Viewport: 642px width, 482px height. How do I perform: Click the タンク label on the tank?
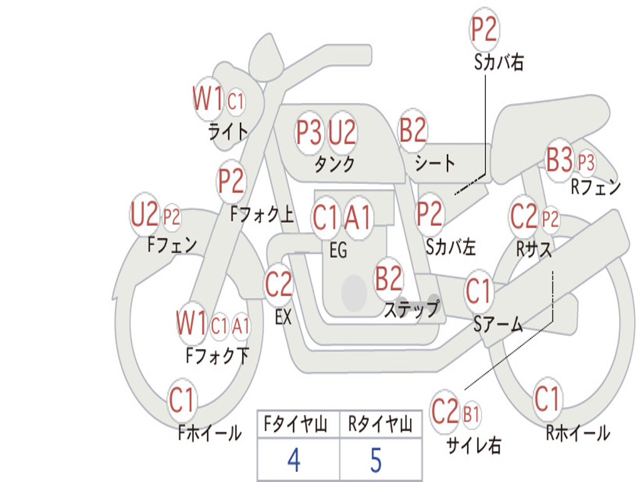[x=335, y=164]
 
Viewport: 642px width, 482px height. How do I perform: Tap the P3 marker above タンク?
[x=309, y=132]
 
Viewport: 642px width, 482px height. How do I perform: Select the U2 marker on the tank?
[x=342, y=132]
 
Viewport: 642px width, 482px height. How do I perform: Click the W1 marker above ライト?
[x=208, y=99]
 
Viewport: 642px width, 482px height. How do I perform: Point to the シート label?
[x=434, y=163]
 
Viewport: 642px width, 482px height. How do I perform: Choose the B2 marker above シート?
[x=413, y=129]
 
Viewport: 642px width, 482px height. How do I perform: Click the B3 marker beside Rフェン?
[x=559, y=159]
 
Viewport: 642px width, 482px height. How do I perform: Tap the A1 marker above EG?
[x=358, y=217]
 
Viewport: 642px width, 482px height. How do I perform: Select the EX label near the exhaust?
[x=283, y=317]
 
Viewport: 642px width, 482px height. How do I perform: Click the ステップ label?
[x=411, y=309]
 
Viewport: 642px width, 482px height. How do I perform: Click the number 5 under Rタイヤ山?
[x=376, y=460]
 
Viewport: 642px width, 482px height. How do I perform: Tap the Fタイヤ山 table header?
[x=296, y=424]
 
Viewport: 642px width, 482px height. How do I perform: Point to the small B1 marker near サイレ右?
[x=471, y=415]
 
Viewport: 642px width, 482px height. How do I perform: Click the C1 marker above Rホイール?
[x=547, y=399]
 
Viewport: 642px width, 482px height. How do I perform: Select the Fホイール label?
[x=209, y=433]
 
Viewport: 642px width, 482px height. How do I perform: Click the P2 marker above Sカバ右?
[x=485, y=29]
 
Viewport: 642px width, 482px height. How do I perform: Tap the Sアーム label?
[x=498, y=324]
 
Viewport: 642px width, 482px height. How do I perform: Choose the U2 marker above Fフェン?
[x=144, y=215]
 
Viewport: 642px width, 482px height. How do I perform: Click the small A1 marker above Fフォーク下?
[x=241, y=326]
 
